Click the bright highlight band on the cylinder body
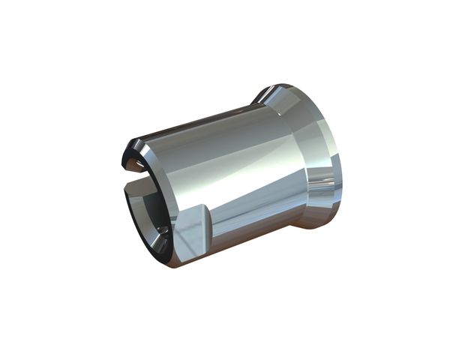point(225,161)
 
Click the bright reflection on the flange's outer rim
point(327,180)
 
